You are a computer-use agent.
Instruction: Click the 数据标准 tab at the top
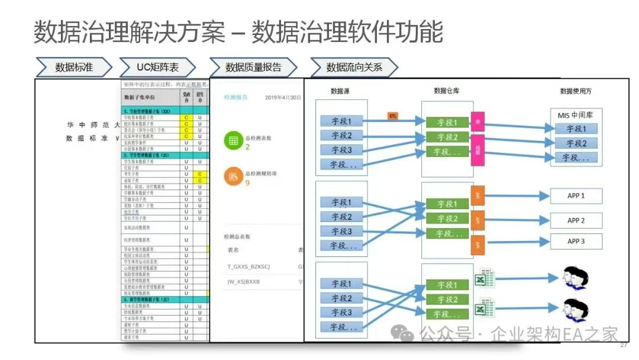(73, 67)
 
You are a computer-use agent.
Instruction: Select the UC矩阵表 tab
(157, 67)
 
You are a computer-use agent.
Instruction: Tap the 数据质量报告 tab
(253, 67)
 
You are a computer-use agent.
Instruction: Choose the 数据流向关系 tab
(354, 67)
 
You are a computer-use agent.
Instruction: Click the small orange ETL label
(392, 115)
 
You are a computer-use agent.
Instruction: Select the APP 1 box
(576, 195)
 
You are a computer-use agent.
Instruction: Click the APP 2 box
(576, 220)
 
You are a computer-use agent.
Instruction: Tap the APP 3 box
(576, 241)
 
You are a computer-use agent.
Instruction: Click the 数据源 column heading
(343, 91)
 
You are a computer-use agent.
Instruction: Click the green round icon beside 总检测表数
(233, 141)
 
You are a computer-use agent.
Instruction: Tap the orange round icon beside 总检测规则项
(233, 176)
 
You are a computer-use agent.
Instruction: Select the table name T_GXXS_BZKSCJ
(248, 266)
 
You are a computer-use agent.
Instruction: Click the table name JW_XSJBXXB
(244, 282)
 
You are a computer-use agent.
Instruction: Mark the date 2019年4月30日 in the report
(283, 97)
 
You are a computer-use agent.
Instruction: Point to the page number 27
(623, 345)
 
